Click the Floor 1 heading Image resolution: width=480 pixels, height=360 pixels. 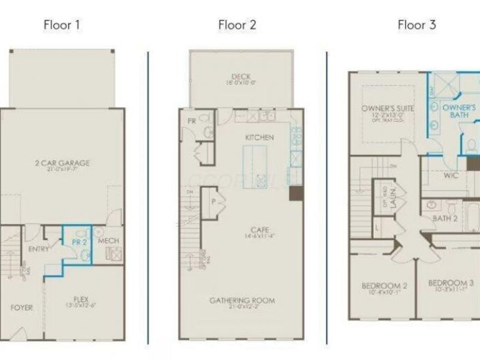62,25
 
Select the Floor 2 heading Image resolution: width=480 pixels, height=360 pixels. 237,25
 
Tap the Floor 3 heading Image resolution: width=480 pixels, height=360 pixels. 416,25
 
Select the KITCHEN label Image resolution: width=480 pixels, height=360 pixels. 259,137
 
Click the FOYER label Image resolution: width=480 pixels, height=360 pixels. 21,308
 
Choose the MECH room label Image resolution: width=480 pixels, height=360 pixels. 109,241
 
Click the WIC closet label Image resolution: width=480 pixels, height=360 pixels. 451,176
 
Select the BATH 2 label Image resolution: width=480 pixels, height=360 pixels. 445,218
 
